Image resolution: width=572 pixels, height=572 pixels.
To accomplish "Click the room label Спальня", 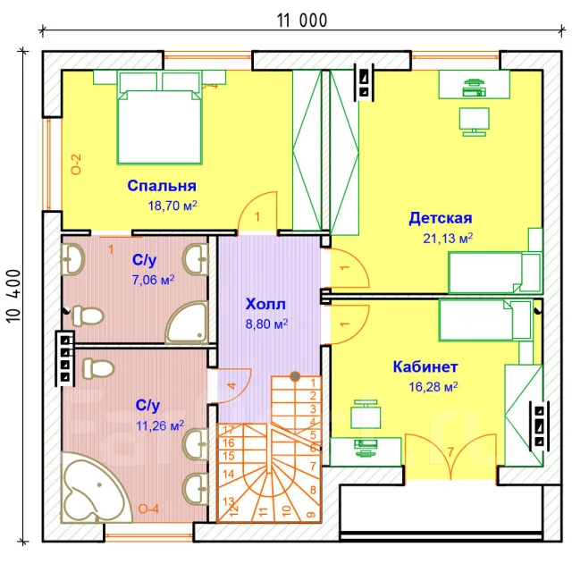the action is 162,186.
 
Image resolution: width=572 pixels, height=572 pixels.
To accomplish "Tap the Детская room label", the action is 441,218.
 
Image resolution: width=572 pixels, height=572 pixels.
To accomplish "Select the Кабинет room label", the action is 425,366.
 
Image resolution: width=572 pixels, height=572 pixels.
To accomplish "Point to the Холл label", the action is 265,304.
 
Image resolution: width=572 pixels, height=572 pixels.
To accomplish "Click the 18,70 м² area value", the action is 172,206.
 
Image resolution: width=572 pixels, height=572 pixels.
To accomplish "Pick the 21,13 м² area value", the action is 448,239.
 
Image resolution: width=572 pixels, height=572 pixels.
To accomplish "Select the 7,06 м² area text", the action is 153,280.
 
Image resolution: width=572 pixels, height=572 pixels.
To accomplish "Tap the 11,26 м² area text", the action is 160,425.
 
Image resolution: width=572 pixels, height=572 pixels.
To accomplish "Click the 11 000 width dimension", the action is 302,21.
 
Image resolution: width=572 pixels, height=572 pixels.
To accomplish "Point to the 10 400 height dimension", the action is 14,296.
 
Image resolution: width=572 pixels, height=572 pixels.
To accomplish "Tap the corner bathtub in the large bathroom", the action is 97,488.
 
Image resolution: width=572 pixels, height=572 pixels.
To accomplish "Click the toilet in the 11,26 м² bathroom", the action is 98,368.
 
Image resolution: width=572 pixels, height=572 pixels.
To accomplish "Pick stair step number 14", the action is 229,475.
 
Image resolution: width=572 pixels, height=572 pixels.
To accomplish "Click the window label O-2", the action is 76,164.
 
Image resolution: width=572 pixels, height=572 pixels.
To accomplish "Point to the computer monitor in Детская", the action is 474,122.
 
